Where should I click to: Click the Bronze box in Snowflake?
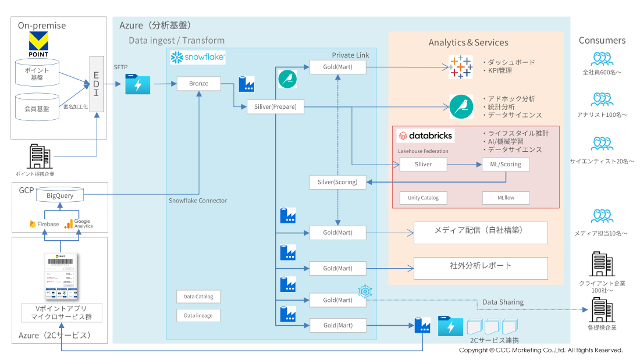click(198, 84)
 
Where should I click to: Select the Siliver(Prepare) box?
click(275, 106)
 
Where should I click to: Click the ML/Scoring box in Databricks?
click(506, 165)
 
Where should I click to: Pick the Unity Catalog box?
click(423, 198)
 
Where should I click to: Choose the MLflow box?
click(506, 198)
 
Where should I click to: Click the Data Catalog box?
click(198, 297)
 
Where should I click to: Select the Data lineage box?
click(198, 315)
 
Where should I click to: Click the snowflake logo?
click(198, 58)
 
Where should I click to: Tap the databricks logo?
click(425, 136)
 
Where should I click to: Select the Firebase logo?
click(44, 224)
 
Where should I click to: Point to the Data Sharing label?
click(503, 302)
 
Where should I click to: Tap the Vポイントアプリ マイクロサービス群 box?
click(61, 312)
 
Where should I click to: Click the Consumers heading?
click(602, 41)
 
